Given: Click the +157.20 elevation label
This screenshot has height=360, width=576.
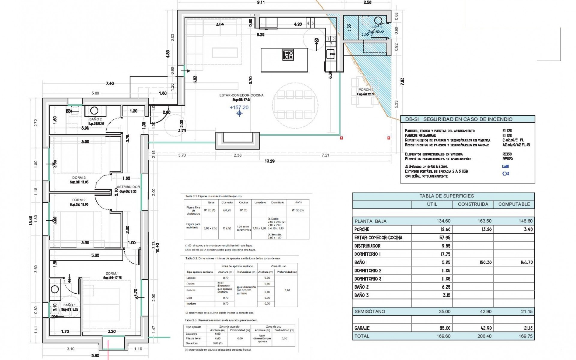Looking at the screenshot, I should (239, 107).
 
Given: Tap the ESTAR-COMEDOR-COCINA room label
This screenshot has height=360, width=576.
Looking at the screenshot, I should (241, 95).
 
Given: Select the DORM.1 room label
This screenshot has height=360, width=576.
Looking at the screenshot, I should (112, 274).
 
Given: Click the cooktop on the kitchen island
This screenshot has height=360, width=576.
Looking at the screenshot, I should (288, 55).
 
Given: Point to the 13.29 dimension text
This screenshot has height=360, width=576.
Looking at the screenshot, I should (269, 161).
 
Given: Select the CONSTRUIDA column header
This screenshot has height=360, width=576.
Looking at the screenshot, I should (473, 204).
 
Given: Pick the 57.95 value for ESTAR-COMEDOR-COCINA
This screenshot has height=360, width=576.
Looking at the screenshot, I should (445, 238).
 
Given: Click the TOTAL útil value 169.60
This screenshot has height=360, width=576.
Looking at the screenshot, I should (443, 336).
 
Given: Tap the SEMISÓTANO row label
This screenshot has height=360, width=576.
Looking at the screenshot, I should (370, 312).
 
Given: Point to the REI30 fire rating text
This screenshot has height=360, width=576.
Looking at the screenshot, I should (507, 154).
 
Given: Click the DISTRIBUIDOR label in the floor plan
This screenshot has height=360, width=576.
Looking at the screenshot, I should (128, 187).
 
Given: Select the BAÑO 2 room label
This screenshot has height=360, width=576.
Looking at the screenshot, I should (95, 119).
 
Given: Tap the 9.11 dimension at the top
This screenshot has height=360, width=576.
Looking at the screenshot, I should (261, 2).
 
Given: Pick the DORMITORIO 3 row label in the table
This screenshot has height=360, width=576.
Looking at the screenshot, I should (368, 279).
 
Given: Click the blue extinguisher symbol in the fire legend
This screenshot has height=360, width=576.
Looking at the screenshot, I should (505, 174).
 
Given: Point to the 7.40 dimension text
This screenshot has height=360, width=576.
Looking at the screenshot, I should (110, 83).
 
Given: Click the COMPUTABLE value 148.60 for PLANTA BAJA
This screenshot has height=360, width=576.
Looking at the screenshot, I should (525, 221).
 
